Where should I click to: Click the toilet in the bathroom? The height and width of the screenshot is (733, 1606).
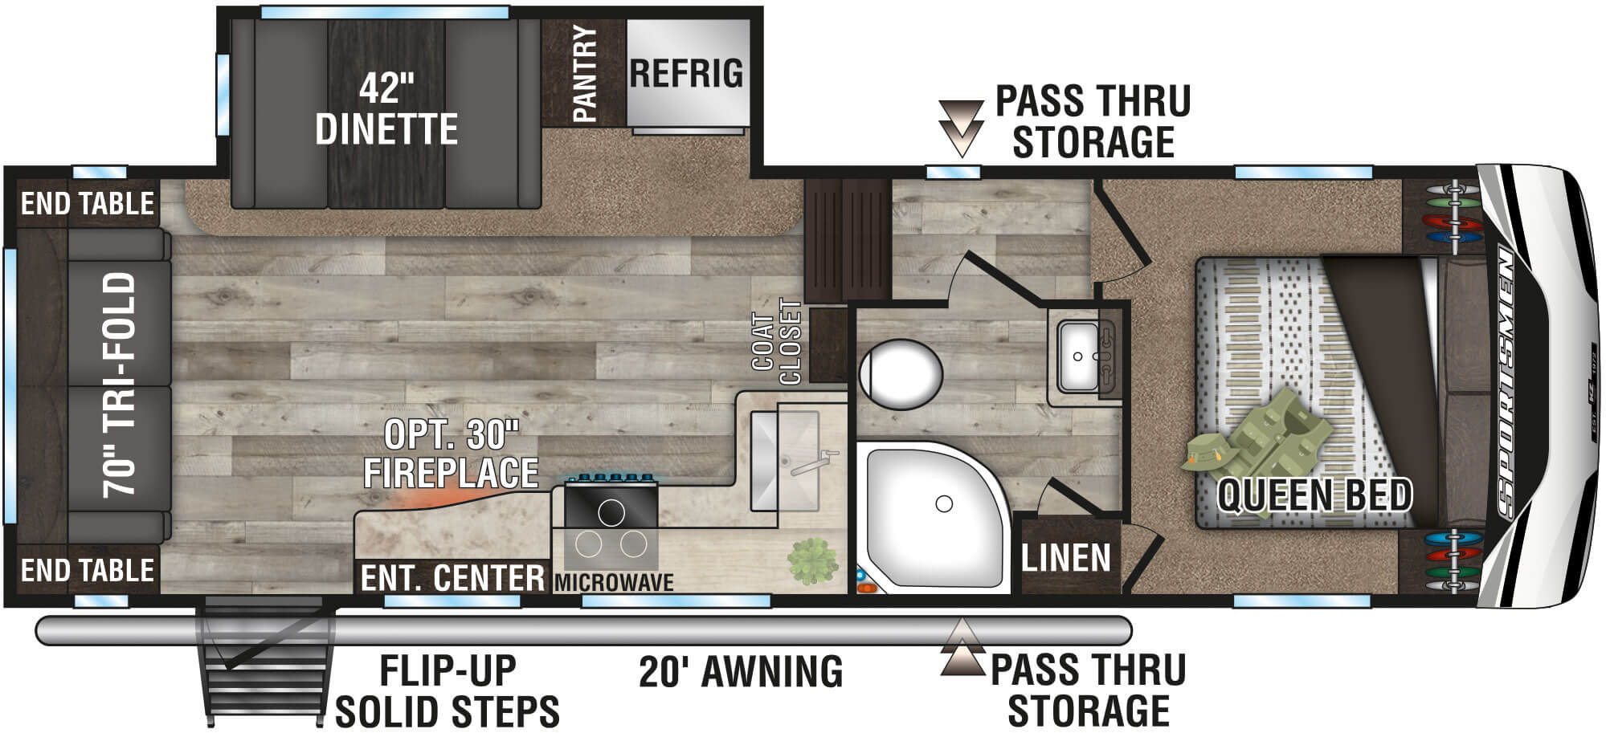pos(900,373)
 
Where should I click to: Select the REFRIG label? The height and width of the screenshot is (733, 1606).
pos(686,73)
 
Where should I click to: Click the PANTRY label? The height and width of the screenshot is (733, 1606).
pos(585,73)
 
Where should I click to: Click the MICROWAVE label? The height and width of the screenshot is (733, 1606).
pos(614,582)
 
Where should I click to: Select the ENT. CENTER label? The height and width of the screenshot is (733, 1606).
pos(452,578)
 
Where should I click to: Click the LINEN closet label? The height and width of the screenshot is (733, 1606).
pos(1065,558)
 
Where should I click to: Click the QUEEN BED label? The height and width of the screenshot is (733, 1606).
pos(1314,495)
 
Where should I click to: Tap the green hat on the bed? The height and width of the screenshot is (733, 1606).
pos(1207,455)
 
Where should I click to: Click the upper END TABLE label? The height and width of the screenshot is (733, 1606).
pos(88,204)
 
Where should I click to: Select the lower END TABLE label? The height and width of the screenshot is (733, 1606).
pos(88,571)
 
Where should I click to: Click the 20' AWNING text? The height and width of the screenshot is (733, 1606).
pos(741,671)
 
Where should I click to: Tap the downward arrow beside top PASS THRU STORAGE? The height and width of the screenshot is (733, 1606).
pos(961,127)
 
